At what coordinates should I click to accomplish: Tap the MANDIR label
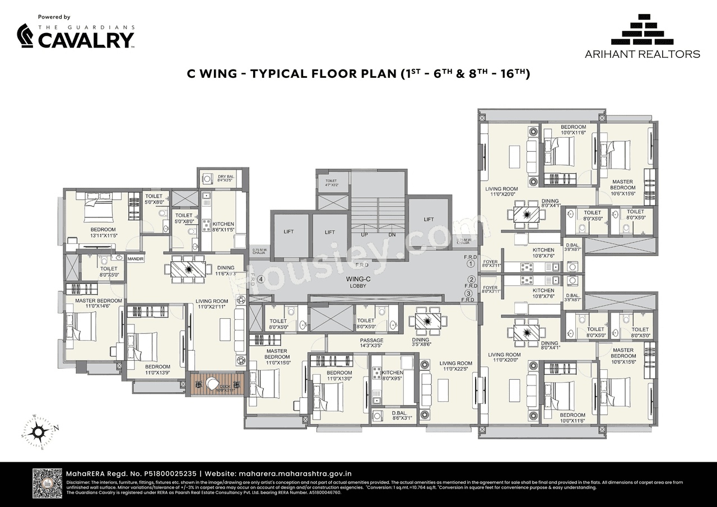(136, 259)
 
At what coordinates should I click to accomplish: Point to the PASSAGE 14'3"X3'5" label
(371, 343)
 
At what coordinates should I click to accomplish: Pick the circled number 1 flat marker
(471, 263)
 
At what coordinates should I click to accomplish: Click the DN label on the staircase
(392, 235)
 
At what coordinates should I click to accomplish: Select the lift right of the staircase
(429, 220)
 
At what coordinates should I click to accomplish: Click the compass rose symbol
(39, 431)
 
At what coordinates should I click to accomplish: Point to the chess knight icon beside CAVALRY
(26, 37)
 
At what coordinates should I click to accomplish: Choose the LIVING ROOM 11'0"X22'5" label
(455, 366)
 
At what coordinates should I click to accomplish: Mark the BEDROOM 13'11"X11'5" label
(103, 232)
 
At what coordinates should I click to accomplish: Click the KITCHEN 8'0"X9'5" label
(392, 375)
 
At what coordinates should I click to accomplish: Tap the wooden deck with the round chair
(216, 385)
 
